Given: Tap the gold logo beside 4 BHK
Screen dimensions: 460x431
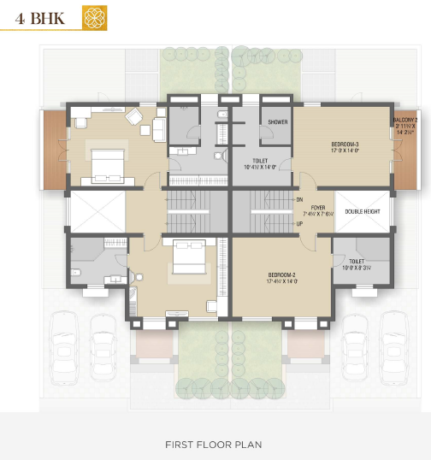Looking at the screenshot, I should coord(93,16).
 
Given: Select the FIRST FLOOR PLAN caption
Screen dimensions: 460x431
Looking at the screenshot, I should coord(214,445).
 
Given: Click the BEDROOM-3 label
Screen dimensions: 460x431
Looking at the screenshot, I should coord(345,145).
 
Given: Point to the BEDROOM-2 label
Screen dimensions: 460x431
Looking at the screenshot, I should coord(281,275).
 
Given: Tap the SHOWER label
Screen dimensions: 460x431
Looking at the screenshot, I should coord(277,122).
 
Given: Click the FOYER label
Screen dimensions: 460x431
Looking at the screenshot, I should coord(318,207).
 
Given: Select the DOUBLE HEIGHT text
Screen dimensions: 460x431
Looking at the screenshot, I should coord(363,211).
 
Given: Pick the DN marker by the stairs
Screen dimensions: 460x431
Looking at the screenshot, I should coord(299,199).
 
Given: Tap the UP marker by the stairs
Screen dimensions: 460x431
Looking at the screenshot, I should coord(299,224).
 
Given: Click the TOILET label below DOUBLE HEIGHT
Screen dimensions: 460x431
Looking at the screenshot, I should coord(357,261).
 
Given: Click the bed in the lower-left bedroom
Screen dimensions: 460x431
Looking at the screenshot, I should coord(187,257).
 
